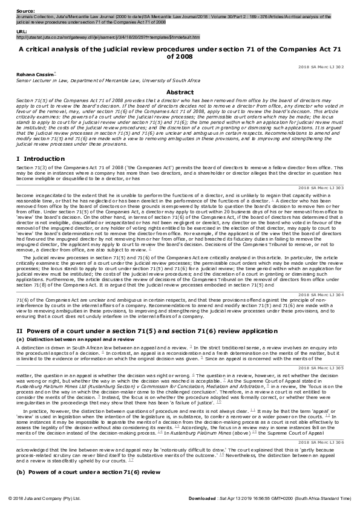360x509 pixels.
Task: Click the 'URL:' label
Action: point(14,30)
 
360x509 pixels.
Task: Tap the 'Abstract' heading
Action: point(180,92)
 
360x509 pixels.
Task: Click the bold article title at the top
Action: point(180,51)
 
